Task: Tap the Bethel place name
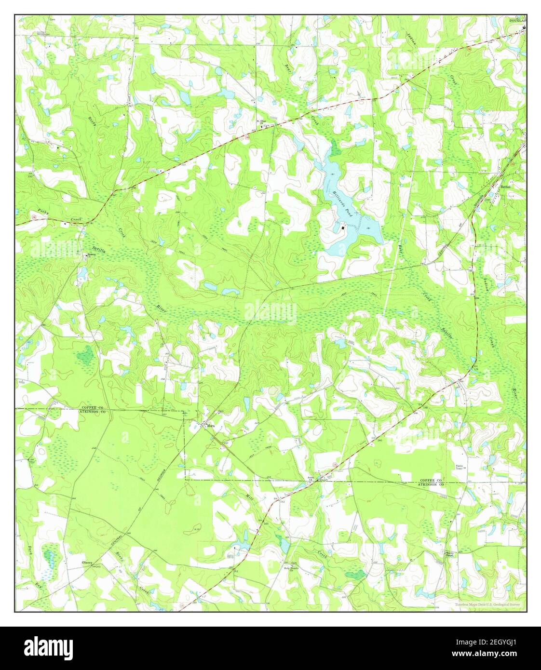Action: [505, 186]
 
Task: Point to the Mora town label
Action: [211, 426]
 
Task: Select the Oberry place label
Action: [87, 562]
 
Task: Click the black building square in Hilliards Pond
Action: [343, 228]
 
